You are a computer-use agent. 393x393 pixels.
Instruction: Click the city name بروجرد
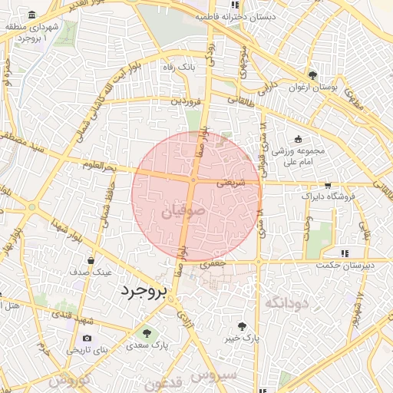pos(144,291)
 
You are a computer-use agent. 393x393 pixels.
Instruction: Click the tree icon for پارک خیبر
pos(243,325)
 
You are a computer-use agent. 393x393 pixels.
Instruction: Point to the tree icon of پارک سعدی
pos(147,333)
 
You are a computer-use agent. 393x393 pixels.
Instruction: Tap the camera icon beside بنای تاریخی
pos(87,339)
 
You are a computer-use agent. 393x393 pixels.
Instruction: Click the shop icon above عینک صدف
pos(91,260)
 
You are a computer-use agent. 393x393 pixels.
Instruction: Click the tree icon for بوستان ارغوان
pos(312,75)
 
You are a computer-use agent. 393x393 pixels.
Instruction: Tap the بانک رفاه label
pos(178,68)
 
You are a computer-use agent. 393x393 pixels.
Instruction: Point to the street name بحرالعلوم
pos(99,166)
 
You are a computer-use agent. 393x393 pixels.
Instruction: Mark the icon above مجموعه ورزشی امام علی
pos(298,138)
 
